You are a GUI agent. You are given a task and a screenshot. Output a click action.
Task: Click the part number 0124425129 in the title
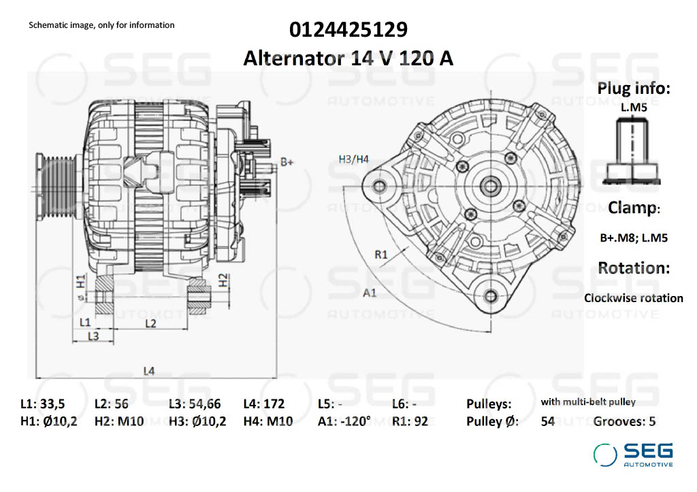pos(348,31)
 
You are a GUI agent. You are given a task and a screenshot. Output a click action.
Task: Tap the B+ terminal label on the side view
pos(287,162)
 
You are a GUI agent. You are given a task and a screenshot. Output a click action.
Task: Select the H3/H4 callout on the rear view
pos(353,159)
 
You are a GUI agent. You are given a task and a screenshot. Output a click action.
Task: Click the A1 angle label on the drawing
pos(370,293)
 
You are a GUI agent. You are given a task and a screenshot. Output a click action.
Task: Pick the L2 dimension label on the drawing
pos(151,323)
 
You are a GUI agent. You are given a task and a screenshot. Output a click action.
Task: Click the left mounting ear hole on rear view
pos(378,184)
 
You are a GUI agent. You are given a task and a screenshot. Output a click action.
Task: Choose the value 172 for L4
pos(274,404)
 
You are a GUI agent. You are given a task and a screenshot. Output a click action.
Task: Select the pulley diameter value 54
pos(547,421)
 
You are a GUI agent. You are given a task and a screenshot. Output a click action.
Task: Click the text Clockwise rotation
pos(633,298)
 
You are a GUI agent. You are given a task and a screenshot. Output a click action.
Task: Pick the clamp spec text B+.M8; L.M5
pos(633,238)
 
